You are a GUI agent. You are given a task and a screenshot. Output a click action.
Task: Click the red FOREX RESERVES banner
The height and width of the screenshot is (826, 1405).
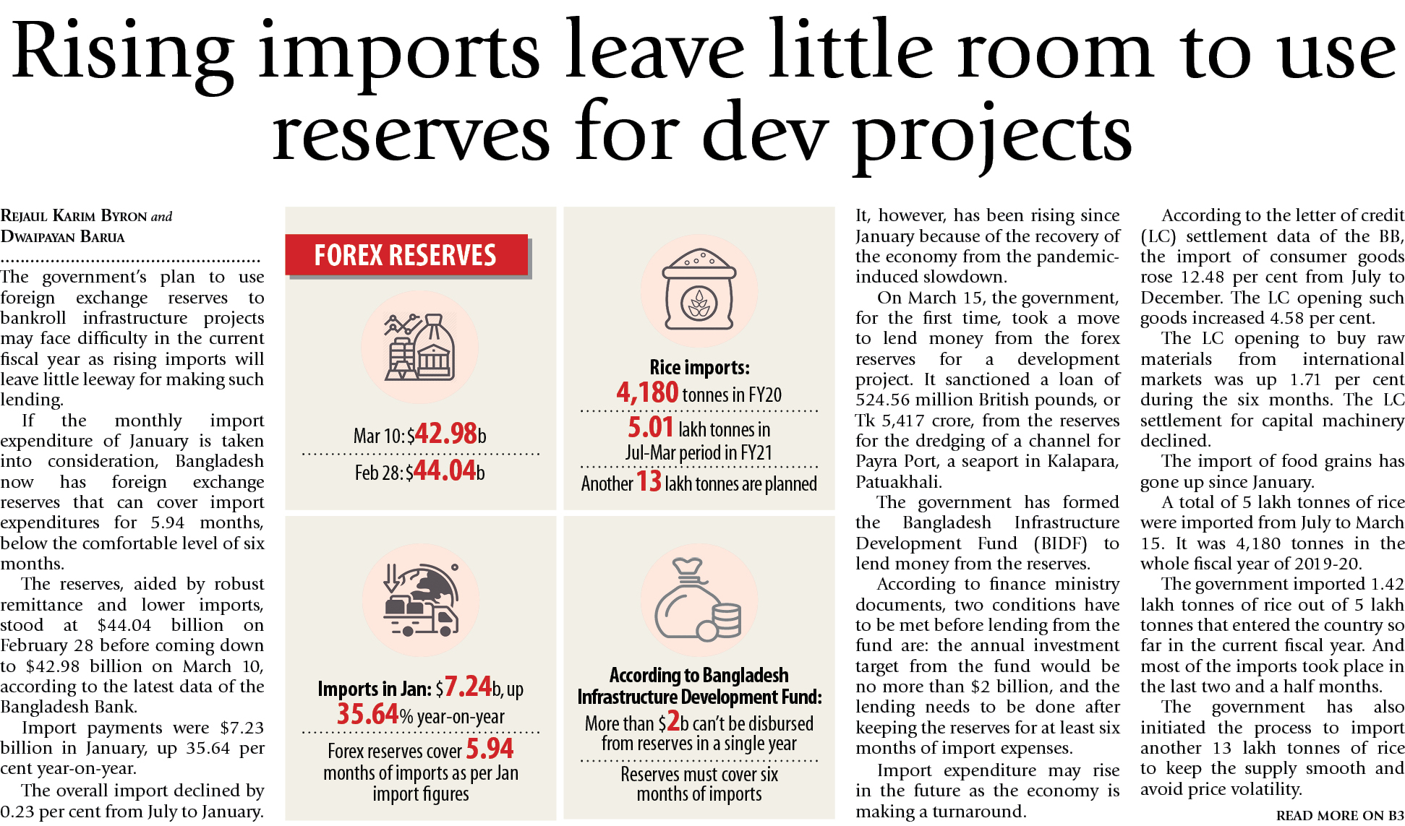pos(406,255)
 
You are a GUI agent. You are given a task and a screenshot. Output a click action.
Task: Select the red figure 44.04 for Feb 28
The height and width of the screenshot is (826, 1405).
pos(445,471)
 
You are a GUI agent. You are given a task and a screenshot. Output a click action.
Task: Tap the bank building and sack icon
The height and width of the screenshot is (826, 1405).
pos(419,348)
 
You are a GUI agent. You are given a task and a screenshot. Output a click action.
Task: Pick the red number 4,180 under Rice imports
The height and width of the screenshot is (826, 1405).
pos(647,392)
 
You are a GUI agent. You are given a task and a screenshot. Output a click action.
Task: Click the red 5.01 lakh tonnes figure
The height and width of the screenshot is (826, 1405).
pos(650,428)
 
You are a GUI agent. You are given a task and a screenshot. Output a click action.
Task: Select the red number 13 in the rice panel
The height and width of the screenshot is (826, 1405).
pos(649,482)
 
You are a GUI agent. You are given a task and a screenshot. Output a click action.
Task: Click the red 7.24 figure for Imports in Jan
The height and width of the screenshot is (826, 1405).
pos(468,687)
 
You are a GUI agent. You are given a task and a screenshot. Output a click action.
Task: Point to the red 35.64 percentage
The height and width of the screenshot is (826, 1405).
pos(367,715)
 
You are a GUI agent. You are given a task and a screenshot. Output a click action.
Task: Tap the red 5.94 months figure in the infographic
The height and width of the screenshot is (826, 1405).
pos(490,749)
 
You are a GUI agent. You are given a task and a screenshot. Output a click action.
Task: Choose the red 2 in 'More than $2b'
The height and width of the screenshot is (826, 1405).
pos(673,721)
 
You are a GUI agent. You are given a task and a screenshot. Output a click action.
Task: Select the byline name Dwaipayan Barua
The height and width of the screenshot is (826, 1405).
pos(63,237)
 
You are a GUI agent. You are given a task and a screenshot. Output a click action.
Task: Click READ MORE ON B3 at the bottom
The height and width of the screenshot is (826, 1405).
pos(1339,816)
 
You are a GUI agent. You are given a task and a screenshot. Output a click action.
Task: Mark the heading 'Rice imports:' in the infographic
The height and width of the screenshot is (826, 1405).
pos(699,368)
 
